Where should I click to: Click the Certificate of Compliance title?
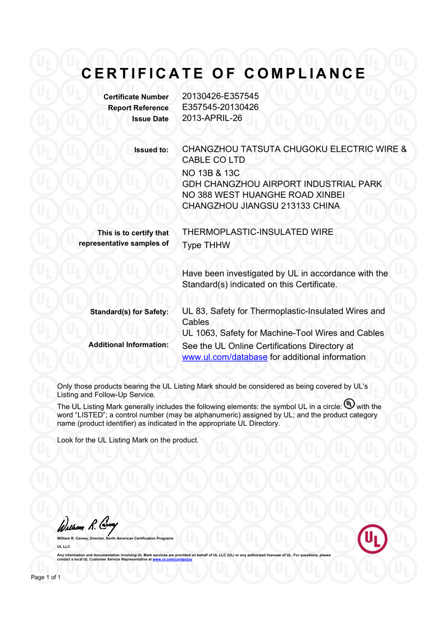pos(224,74)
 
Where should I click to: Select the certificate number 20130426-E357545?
pos(220,97)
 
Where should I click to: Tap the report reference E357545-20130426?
pos(220,107)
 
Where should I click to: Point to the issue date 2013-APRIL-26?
pos(212,118)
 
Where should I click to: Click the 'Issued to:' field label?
pos(151,150)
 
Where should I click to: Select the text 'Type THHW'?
pos(206,245)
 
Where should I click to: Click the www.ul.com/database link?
pos(225,357)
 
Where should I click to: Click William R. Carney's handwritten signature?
pos(87,526)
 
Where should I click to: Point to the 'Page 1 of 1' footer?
pos(45,578)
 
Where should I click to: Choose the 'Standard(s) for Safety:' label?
pos(129,312)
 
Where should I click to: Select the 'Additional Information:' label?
pos(129,344)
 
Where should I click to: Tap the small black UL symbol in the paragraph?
pos(349,404)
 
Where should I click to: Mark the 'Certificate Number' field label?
pos(136,97)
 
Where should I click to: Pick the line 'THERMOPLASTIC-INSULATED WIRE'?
pos(258,231)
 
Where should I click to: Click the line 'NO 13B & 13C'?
pos(211,173)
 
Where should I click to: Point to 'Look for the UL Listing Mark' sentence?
pos(128,440)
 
